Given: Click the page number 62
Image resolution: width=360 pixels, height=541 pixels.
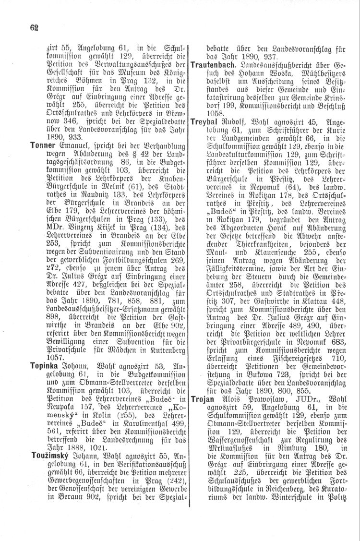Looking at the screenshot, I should (x=33, y=27).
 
